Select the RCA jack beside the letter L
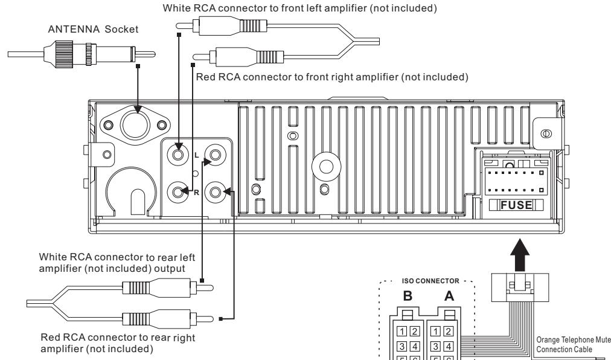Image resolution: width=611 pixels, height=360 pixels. coord(178,154)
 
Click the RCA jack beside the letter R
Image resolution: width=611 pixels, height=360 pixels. coord(178,193)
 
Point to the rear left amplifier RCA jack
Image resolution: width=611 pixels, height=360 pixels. coord(215,154)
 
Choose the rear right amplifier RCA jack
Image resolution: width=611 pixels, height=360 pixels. coord(215,193)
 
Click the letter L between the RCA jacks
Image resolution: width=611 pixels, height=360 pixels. coord(196,155)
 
